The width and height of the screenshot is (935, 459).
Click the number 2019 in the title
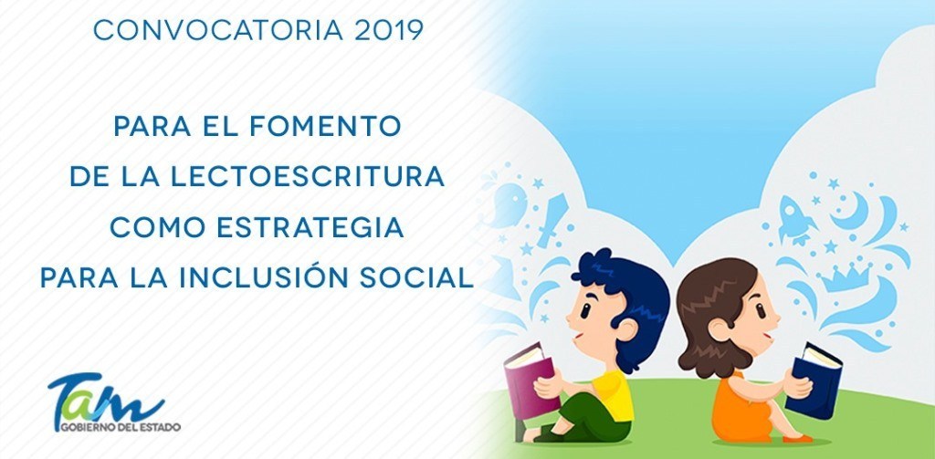389,31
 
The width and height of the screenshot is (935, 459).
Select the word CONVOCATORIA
218,31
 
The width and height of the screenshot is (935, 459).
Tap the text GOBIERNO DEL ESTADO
120,427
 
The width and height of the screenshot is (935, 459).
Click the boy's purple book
531,381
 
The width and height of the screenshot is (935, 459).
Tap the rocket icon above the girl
795,219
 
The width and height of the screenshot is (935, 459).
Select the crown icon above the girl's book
846,277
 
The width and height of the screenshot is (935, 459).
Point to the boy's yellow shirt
615,394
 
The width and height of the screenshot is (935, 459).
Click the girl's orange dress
738,412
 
